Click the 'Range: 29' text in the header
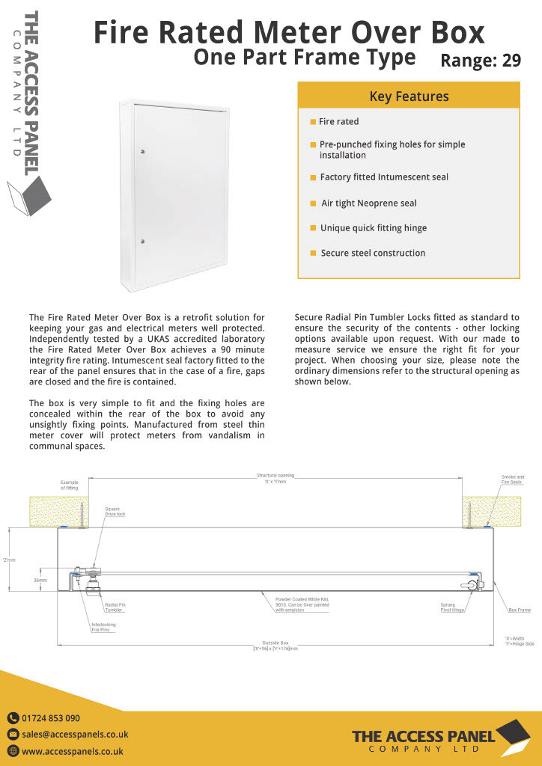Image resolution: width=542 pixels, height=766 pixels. click(x=481, y=61)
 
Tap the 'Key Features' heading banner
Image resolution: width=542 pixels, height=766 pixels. click(x=409, y=96)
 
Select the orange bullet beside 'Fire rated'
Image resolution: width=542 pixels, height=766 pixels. click(x=313, y=121)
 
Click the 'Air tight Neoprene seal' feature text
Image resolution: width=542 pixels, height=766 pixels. click(x=369, y=203)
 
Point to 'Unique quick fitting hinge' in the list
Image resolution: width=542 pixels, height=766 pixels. click(x=374, y=228)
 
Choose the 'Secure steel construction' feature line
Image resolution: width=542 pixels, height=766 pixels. click(x=373, y=253)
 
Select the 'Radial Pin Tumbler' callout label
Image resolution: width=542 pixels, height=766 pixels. click(x=115, y=607)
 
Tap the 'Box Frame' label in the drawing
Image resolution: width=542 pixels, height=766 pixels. click(x=520, y=610)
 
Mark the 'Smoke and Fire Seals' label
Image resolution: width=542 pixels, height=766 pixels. click(x=513, y=479)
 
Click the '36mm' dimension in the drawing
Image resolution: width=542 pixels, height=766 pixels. click(x=40, y=580)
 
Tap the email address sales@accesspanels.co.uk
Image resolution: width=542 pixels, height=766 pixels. click(x=75, y=735)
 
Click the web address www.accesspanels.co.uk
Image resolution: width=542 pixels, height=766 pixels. click(x=73, y=751)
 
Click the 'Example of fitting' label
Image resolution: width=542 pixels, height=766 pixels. click(x=69, y=485)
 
